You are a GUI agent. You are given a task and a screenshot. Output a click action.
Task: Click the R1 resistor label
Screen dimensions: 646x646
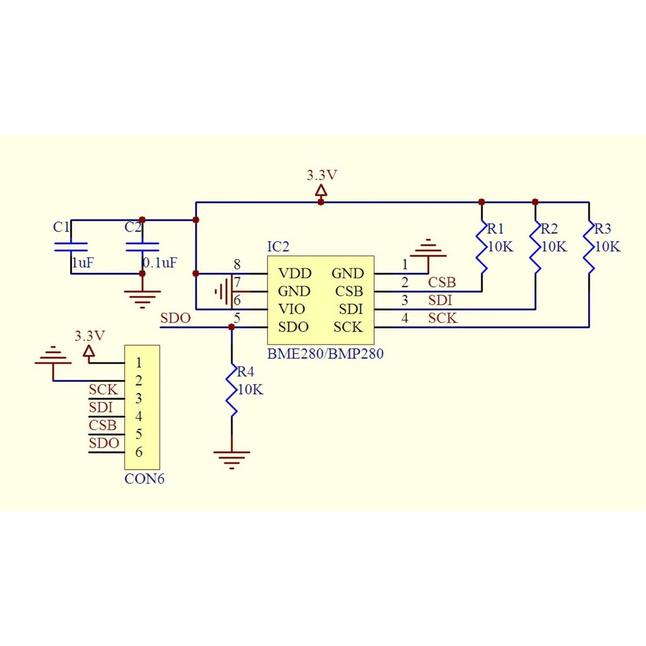coord(496,228)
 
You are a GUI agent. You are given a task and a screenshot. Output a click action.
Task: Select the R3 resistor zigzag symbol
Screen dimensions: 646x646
coord(589,247)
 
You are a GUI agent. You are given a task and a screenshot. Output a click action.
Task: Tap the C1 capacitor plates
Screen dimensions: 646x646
coord(71,247)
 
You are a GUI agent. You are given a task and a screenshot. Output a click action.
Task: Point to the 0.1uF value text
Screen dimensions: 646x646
coord(160,263)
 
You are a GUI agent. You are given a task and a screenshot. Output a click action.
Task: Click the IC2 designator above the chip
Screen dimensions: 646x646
coord(278,247)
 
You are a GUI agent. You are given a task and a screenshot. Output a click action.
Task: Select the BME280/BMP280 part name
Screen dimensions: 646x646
coord(326,353)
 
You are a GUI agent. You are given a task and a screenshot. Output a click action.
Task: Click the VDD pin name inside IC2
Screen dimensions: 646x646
coord(295,273)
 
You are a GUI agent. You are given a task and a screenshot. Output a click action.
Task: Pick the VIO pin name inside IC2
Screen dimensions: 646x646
coord(291,309)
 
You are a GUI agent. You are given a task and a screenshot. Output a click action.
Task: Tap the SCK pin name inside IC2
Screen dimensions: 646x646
coord(348,327)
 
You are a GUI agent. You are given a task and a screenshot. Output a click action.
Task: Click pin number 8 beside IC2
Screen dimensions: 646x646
coord(237,264)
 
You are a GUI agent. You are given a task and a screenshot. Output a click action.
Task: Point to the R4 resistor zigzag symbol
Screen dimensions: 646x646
coord(232,390)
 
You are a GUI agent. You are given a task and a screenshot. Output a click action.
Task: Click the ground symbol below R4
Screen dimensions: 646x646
coord(232,460)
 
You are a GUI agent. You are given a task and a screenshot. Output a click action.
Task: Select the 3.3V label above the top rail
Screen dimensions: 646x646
coord(322,175)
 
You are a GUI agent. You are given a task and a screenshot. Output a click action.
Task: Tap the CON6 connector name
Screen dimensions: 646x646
coord(144,479)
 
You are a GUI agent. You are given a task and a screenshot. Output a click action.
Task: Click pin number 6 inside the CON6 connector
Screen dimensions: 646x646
coord(139,452)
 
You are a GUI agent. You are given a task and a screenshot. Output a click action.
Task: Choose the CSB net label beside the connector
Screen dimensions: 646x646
coord(103,425)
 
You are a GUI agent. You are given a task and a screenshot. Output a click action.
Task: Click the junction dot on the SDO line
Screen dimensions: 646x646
coord(232,327)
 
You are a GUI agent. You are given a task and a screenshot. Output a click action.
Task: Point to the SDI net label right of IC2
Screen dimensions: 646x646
coord(440,300)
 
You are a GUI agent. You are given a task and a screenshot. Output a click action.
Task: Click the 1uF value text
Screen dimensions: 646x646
coord(83,263)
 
